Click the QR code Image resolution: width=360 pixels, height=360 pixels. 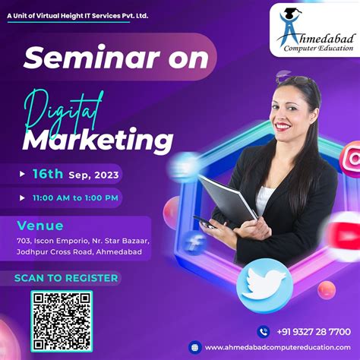pyautogui.click(x=62, y=319)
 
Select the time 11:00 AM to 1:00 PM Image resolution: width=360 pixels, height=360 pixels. pyautogui.click(x=74, y=198)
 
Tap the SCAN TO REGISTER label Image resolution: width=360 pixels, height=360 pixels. pyautogui.click(x=66, y=278)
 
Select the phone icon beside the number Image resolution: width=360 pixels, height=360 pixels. pyautogui.click(x=264, y=331)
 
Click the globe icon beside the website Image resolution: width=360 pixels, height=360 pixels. pyautogui.click(x=194, y=348)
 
